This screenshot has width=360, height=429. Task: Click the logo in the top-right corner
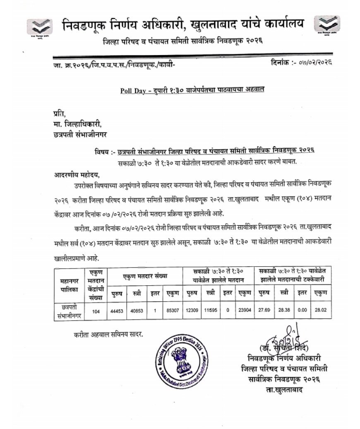326,28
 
